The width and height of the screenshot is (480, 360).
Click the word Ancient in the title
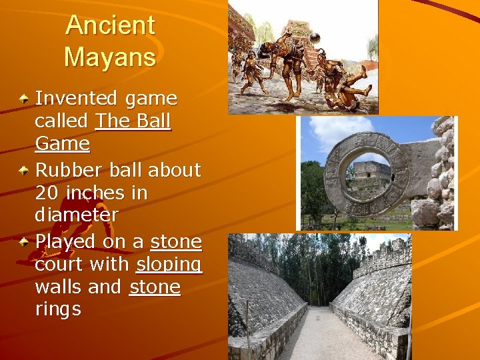tap(110, 26)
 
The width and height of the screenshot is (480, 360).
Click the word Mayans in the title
tap(110, 57)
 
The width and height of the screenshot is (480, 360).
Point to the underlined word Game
tap(62, 144)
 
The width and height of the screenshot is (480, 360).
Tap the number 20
tap(47, 193)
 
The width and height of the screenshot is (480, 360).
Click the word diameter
tap(77, 215)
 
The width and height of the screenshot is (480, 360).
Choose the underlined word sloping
tap(169, 265)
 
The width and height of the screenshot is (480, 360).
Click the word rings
tap(58, 309)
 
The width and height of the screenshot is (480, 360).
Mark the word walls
tap(59, 287)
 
